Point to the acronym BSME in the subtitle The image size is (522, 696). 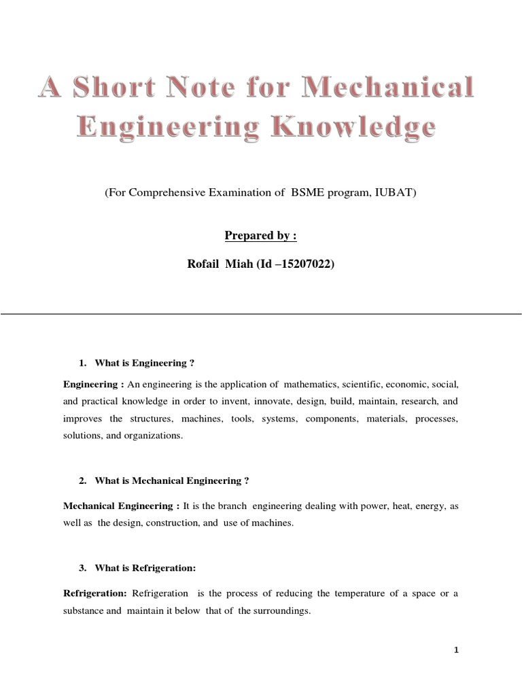[x=307, y=193]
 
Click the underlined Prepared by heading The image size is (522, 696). [x=260, y=236]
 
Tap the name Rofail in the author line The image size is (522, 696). [x=205, y=265]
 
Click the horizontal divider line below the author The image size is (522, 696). [x=261, y=314]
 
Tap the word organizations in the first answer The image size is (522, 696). [x=155, y=436]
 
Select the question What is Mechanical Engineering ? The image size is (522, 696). [x=172, y=481]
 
